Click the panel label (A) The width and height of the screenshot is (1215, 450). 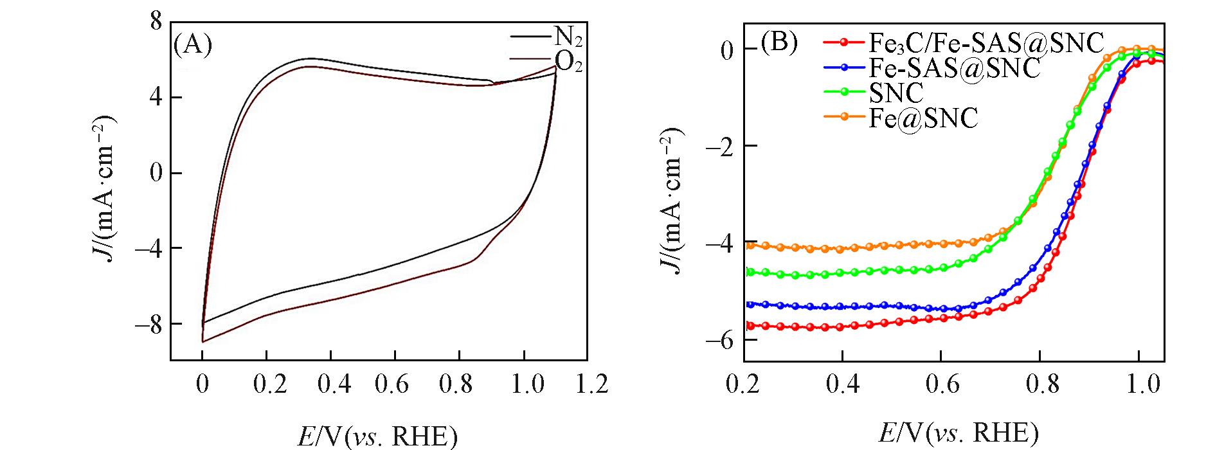(193, 46)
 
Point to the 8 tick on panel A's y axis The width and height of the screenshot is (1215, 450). (156, 21)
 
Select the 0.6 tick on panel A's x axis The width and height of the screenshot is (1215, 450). (395, 384)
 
